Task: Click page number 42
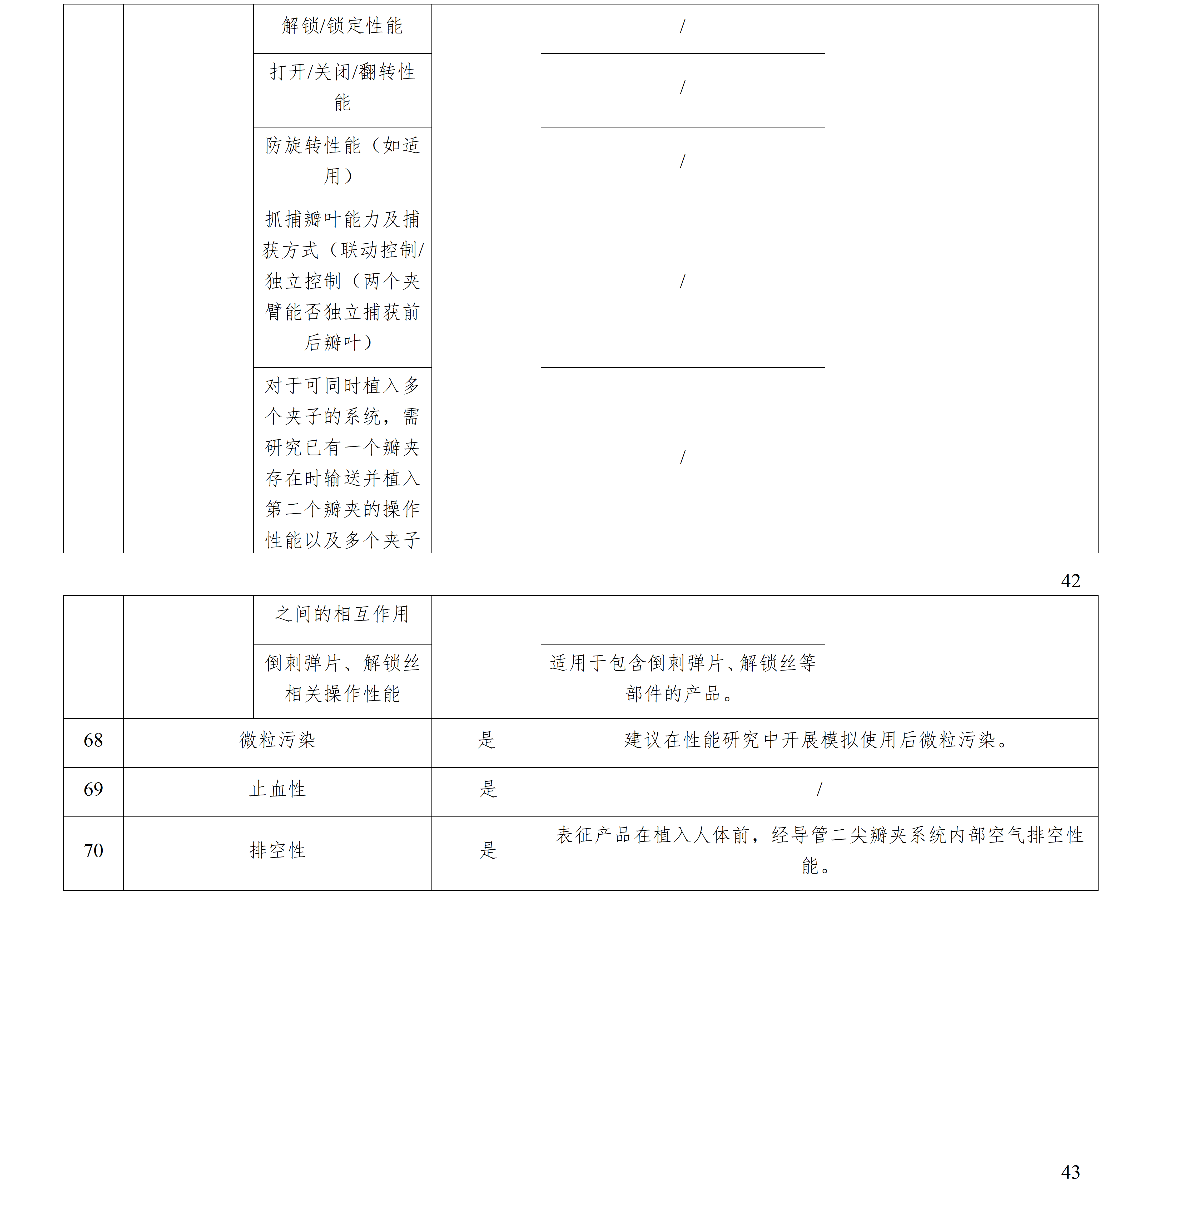point(1070,580)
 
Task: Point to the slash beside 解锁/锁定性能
point(683,26)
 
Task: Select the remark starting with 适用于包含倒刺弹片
point(683,678)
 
